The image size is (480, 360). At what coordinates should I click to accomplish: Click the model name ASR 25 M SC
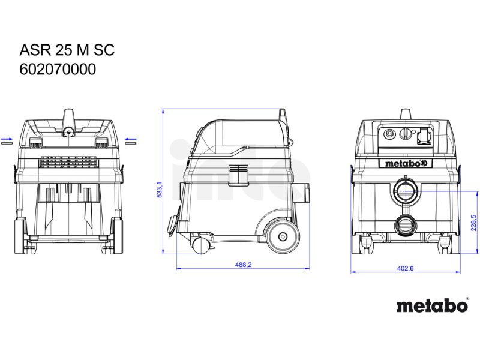[x=67, y=50]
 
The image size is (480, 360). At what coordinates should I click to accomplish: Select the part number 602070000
[x=58, y=70]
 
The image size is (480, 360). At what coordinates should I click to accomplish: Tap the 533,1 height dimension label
[x=160, y=190]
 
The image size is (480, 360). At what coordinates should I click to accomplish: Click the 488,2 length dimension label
[x=243, y=265]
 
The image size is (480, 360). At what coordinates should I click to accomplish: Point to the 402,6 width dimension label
[x=406, y=268]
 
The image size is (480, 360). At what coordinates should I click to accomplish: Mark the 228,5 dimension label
[x=473, y=223]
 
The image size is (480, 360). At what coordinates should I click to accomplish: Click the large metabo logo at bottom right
[x=432, y=305]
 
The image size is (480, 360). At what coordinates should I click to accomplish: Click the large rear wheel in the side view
[x=282, y=236]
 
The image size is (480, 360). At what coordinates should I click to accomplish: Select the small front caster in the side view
[x=200, y=245]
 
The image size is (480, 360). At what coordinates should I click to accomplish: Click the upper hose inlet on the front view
[x=406, y=191]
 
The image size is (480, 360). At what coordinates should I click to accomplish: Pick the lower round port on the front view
[x=406, y=226]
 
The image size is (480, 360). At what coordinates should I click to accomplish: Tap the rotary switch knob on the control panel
[x=406, y=134]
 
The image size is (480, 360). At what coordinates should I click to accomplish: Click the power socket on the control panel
[x=424, y=136]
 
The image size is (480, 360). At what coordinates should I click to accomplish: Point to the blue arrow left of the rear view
[x=7, y=139]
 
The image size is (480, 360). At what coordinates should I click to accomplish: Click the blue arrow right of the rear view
[x=131, y=139]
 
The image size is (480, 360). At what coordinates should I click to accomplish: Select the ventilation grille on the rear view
[x=69, y=162]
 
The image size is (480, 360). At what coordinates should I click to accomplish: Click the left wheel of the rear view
[x=20, y=235]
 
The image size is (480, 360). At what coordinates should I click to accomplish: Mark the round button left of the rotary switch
[x=389, y=134]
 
